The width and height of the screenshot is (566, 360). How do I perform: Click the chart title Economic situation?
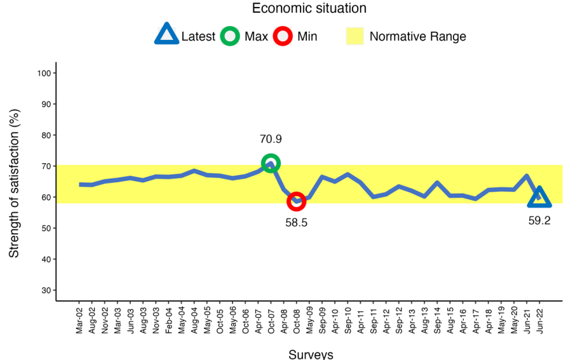pos(309,8)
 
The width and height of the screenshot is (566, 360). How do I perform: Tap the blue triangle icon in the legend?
pos(166,35)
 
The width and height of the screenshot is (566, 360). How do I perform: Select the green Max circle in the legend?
pos(230,36)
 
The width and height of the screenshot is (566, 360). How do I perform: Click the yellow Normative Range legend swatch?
pos(354,36)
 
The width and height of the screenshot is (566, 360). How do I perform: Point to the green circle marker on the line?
pos(271,163)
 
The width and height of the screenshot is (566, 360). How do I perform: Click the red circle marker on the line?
pos(296,201)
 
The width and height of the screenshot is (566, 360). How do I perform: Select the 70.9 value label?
pos(271,139)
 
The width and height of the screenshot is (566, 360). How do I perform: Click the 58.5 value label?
pos(296,223)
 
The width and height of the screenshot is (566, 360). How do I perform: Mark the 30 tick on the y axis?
pos(46,291)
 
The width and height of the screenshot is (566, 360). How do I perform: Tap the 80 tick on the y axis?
pos(46,135)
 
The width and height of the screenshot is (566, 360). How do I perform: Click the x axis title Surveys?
pos(311,354)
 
